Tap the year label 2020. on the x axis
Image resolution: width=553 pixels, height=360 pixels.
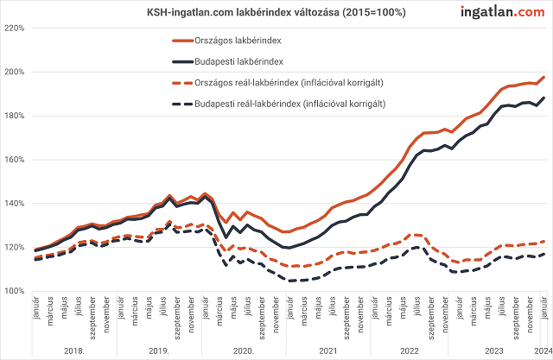(244, 351)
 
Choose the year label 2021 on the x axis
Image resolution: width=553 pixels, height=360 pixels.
(326, 351)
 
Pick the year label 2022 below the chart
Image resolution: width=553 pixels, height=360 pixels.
(409, 351)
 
